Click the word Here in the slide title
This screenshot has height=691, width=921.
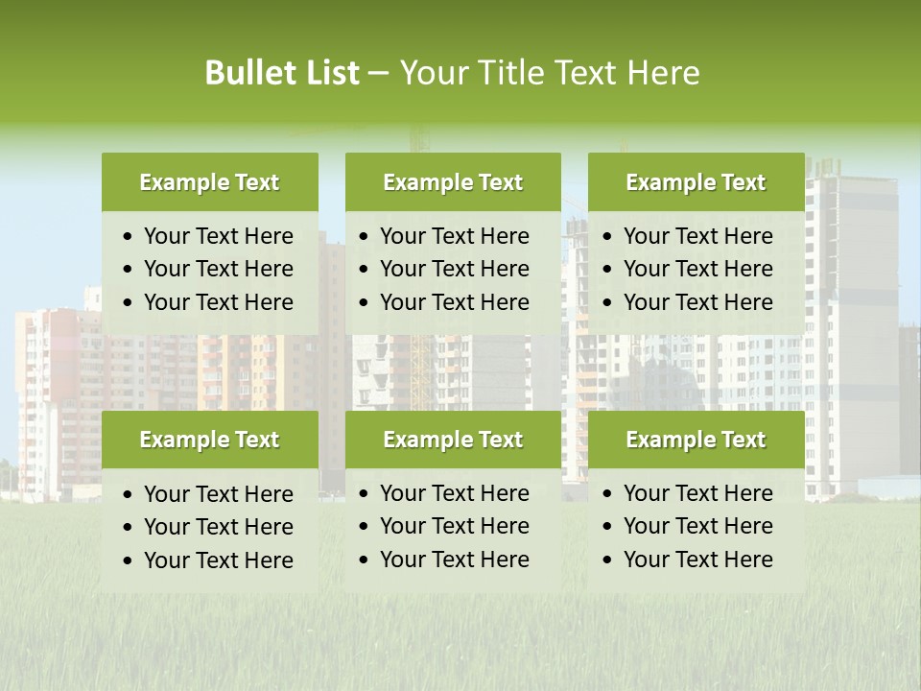663,73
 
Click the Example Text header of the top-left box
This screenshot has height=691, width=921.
209,182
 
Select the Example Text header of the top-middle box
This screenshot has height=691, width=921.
453,182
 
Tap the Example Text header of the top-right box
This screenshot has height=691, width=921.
696,182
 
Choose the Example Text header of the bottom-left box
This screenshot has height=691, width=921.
209,440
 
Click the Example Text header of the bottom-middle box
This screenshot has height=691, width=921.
453,440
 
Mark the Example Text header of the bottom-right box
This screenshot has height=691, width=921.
696,440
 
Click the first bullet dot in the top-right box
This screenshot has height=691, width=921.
607,237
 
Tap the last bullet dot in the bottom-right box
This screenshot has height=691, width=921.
607,560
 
